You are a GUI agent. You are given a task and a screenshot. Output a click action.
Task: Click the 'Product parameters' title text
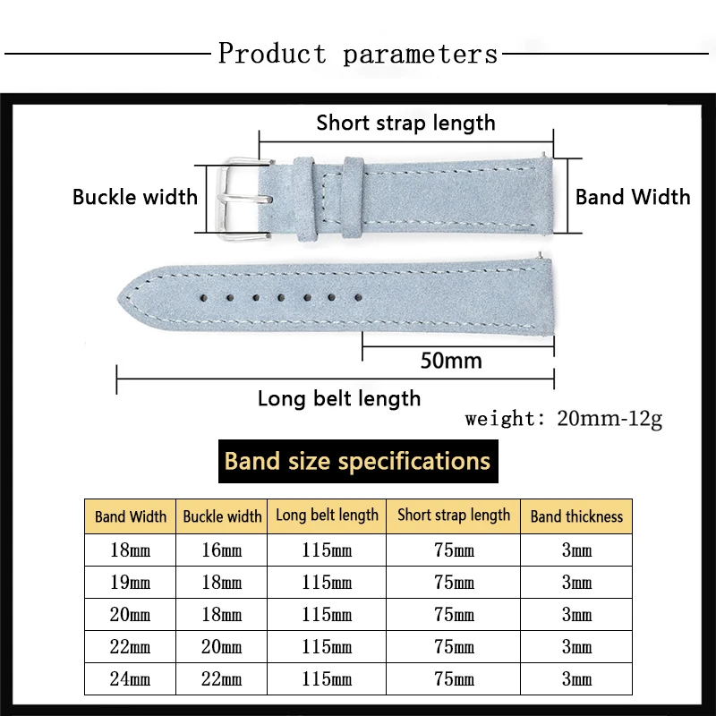coord(358,54)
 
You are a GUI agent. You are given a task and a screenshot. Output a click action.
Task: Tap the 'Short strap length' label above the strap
coord(405,123)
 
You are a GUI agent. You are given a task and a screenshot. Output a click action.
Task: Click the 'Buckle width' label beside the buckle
coord(135,197)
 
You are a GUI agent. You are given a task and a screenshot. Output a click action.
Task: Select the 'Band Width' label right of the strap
coord(633,197)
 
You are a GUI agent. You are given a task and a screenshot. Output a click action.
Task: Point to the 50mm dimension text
coord(451,361)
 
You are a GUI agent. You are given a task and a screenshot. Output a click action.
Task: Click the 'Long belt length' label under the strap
coord(339,398)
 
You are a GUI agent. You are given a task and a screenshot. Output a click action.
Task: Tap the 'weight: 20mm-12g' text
coord(564,419)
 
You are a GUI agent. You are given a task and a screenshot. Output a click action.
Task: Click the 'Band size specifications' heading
coord(357,462)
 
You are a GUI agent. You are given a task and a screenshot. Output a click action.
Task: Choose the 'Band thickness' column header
coord(576,516)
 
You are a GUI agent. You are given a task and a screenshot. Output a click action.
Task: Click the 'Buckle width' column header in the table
coord(222,516)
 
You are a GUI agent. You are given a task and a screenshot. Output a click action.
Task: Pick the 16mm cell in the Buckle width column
coord(222,550)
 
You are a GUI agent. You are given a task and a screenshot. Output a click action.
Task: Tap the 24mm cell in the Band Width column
coord(131,679)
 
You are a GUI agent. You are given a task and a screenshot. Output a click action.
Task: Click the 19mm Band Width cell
coord(131,583)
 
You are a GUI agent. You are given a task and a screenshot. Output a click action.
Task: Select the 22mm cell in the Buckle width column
coord(222,679)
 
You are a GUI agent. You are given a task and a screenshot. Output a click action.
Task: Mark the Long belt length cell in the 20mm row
coord(327,615)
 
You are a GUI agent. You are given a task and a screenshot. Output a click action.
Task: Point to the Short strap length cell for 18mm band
coord(454,550)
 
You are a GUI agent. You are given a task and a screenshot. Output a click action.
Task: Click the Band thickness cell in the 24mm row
coord(576,679)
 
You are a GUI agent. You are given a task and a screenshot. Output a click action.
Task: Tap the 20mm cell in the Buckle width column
coord(222,647)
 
